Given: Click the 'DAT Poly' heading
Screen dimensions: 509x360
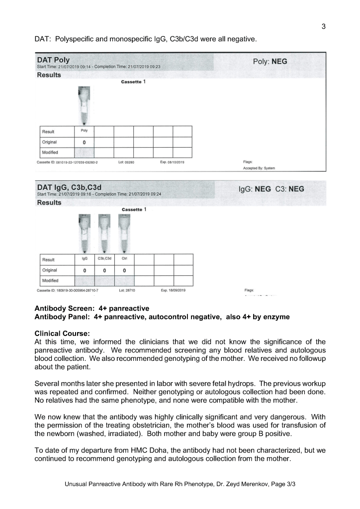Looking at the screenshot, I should (53, 60).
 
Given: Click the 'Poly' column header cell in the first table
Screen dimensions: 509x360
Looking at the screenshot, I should (84, 131).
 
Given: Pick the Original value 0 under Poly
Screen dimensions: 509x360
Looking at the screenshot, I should (84, 142).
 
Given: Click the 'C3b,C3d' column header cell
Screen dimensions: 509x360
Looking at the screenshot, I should (104, 259).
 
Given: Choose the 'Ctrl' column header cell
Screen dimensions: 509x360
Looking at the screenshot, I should (124, 259).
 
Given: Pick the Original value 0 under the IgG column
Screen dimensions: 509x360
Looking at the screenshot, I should (85, 270).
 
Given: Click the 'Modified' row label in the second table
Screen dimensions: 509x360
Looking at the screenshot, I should (50, 280).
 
